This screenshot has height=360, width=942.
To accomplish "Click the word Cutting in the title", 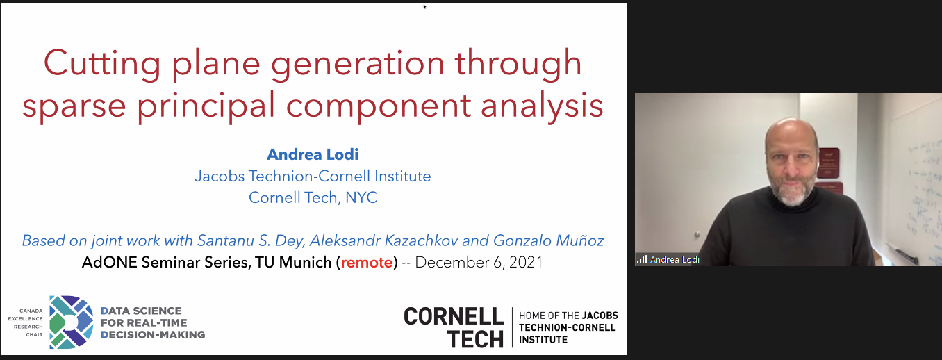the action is (x=102, y=64).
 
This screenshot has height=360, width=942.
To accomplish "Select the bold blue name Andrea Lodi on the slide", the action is (x=313, y=154).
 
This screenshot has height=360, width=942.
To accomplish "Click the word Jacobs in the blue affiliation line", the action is (x=220, y=176).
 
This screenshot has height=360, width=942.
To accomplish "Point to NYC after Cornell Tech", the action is (x=361, y=197).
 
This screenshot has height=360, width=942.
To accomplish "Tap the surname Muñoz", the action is (x=580, y=240).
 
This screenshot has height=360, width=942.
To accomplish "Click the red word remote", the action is (x=367, y=263).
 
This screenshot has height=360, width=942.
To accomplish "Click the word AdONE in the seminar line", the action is (x=109, y=263).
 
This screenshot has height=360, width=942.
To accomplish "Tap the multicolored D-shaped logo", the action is (x=71, y=322).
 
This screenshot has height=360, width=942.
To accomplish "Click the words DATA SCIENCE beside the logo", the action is (x=141, y=311).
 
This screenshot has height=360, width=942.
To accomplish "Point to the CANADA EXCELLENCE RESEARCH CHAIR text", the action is (x=26, y=322).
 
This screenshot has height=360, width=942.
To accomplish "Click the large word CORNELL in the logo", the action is (x=454, y=316).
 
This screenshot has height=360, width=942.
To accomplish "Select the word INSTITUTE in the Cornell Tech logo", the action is (x=543, y=339).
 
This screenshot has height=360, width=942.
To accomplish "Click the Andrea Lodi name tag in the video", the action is (x=675, y=259).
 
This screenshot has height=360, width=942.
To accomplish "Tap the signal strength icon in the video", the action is (x=642, y=259).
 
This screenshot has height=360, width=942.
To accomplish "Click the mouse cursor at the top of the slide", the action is (x=424, y=6).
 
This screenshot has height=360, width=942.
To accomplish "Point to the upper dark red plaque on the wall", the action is (x=828, y=163).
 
